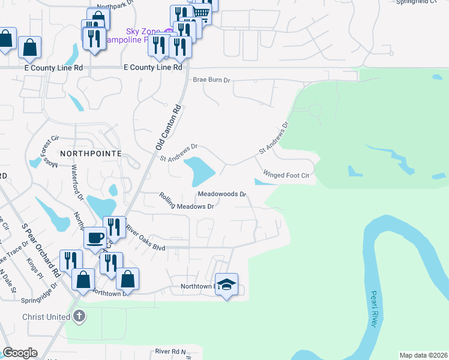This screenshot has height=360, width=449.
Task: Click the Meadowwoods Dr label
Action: [222, 194]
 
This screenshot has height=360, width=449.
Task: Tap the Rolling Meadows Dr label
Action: [187, 202]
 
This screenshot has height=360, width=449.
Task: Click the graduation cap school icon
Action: [227, 284]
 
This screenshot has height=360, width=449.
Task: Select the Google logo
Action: [20, 353]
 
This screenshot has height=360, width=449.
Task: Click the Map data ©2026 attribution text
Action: [424, 355]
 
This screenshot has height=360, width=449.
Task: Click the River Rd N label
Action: [170, 351]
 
